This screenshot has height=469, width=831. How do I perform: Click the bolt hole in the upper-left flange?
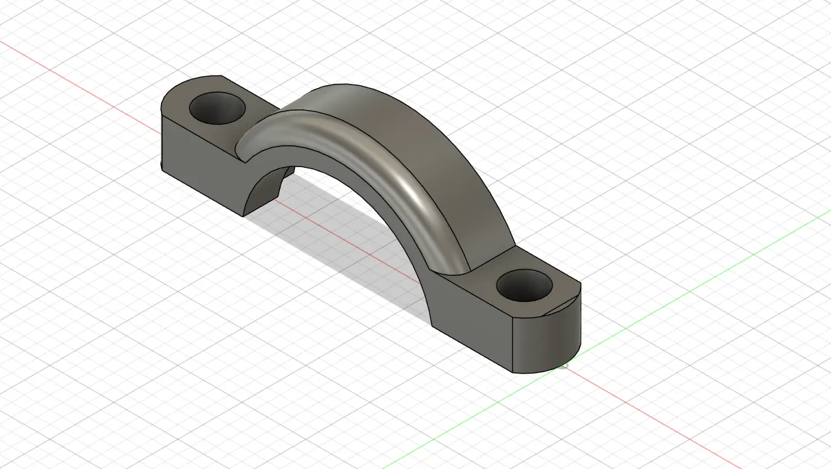pos(218,109)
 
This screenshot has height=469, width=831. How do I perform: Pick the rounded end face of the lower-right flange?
pos(550,340)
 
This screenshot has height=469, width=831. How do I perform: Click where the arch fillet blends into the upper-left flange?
pos(241,148)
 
